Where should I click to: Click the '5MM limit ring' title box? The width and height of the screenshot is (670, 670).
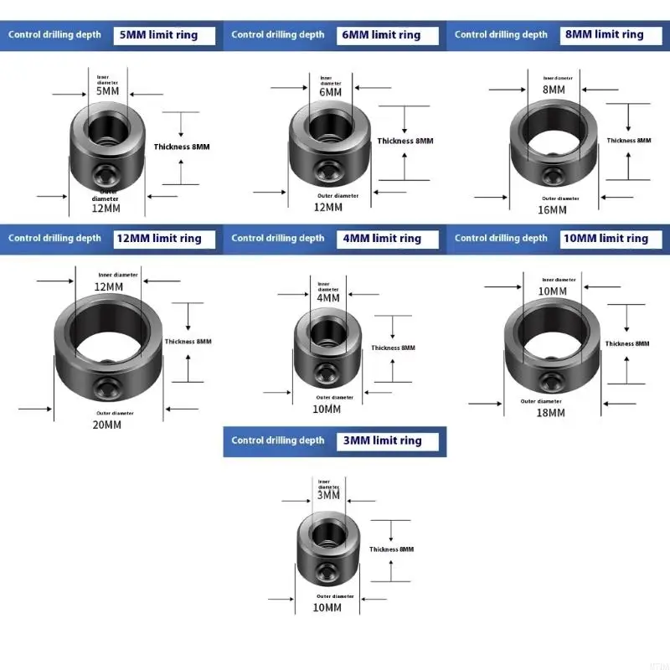click(x=164, y=35)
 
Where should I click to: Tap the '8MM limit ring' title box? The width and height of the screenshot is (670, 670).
click(x=610, y=35)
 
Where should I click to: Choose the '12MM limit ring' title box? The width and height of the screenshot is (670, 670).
click(x=164, y=239)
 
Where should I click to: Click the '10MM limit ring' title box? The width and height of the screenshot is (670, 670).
click(x=610, y=239)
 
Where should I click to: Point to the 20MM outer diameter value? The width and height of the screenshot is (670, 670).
click(x=106, y=425)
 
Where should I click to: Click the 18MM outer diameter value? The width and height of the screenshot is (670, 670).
click(x=551, y=412)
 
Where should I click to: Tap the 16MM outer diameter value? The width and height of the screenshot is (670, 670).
click(x=552, y=209)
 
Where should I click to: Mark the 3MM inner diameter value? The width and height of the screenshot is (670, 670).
click(x=328, y=495)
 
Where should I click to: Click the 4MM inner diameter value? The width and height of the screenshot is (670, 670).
click(x=328, y=297)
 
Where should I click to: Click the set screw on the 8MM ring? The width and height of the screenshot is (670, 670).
click(x=554, y=176)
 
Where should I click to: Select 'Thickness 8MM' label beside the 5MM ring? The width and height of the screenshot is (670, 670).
click(x=182, y=147)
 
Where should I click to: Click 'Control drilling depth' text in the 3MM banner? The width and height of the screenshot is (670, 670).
click(x=277, y=441)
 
